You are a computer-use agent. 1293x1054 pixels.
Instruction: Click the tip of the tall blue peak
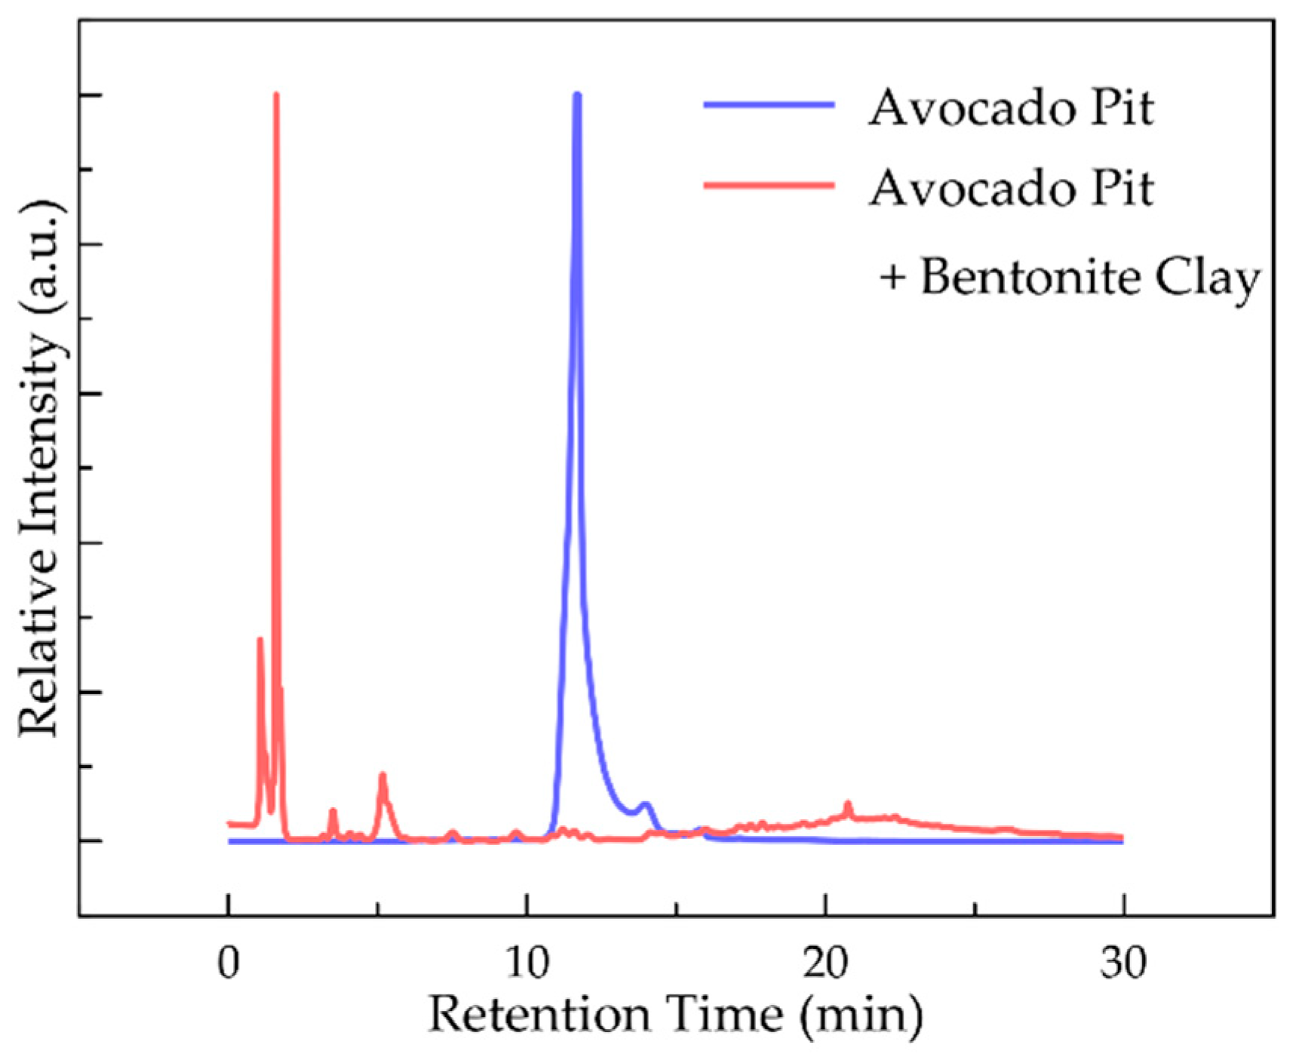click(577, 95)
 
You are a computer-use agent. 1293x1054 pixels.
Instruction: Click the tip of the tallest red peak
click(276, 95)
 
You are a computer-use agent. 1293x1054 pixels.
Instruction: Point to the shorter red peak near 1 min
click(260, 640)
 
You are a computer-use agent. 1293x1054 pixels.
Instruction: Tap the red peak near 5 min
click(382, 776)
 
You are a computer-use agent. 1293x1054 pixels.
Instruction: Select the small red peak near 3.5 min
click(333, 811)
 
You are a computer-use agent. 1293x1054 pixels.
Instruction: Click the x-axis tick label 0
click(228, 963)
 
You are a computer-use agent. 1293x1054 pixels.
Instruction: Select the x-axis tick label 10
click(527, 963)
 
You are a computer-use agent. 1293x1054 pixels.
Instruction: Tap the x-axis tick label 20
click(825, 963)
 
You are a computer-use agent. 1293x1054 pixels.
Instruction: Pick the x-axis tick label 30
click(1123, 963)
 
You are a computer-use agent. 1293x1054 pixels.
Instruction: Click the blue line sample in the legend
click(769, 105)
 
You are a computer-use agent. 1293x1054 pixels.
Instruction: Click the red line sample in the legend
click(769, 185)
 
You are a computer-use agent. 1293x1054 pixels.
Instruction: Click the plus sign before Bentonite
click(892, 278)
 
